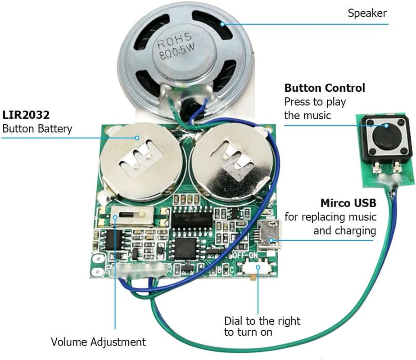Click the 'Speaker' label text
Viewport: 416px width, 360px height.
(x=366, y=13)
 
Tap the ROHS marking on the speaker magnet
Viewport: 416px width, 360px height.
(x=174, y=40)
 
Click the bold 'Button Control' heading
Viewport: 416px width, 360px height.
(x=325, y=88)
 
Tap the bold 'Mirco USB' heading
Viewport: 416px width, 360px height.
(x=348, y=203)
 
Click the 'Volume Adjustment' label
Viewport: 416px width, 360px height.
(x=98, y=342)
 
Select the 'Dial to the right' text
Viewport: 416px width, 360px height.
(x=262, y=321)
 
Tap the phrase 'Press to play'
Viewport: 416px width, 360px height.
(x=315, y=102)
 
